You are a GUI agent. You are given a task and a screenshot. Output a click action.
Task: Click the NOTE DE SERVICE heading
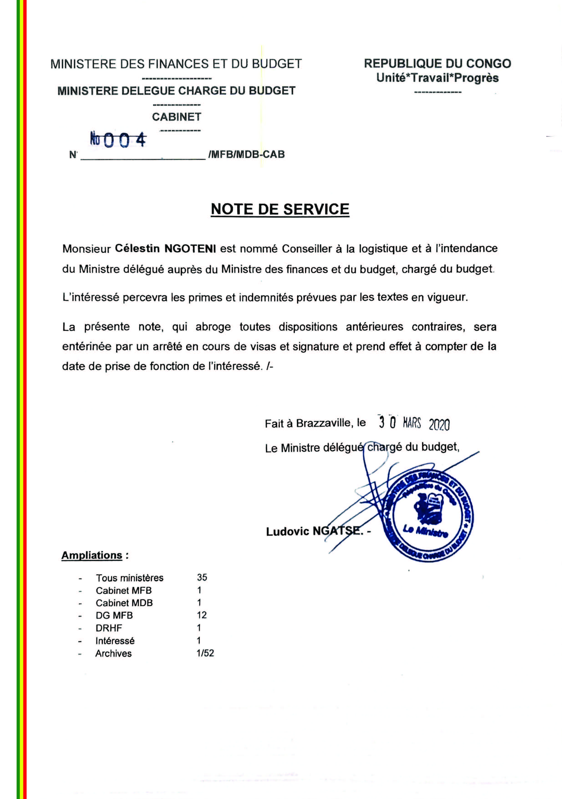[x=280, y=209]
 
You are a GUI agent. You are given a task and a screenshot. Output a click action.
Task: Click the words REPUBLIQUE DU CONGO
[x=437, y=64]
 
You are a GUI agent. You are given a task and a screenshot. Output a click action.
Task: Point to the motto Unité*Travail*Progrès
[x=437, y=78]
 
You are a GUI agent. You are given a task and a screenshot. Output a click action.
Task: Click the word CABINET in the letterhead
[x=177, y=117]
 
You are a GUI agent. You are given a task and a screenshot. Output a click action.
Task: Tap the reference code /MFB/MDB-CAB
[x=246, y=154]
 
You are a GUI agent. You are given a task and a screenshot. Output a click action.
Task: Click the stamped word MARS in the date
[x=412, y=424]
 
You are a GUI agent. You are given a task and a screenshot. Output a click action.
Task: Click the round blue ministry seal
[x=428, y=518]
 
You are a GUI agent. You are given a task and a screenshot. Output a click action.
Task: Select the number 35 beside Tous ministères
[x=202, y=578]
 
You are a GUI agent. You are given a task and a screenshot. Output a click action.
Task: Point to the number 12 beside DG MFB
[x=202, y=615]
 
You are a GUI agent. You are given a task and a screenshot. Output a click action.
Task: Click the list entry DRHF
[x=109, y=628]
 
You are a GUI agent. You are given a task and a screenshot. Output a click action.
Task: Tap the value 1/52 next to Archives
[x=205, y=653]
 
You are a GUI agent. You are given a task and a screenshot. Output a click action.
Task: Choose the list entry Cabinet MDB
[x=124, y=603]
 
